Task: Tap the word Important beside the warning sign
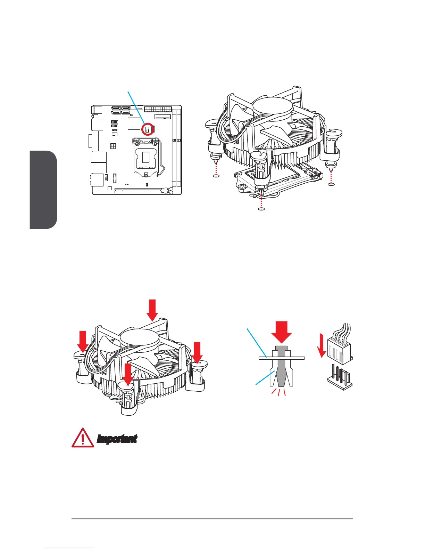[x=117, y=439]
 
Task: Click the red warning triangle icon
[x=83, y=438]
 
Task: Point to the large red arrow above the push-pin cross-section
[x=282, y=332]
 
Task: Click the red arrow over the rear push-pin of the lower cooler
[x=152, y=310]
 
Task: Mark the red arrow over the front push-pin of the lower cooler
[x=128, y=374]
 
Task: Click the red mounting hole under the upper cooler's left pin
[x=216, y=176]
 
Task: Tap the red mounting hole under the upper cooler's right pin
[x=331, y=184]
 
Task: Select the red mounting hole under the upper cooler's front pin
[x=262, y=209]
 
